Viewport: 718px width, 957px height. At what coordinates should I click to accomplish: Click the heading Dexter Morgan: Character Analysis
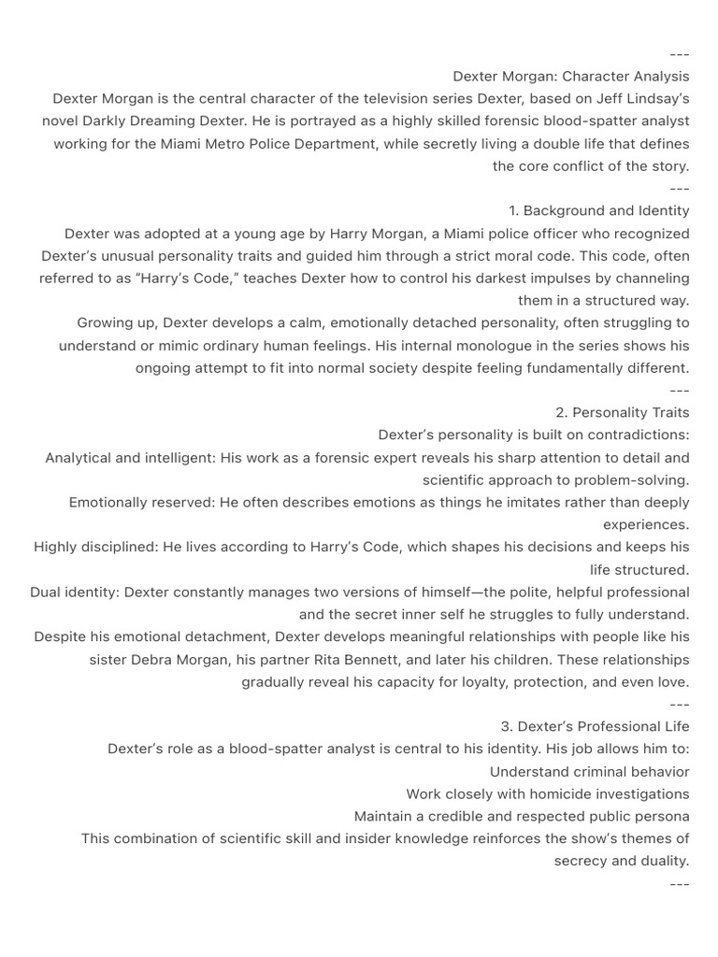570,77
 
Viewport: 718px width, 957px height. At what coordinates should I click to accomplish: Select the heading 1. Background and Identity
599,211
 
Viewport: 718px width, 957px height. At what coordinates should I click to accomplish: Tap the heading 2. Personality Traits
622,413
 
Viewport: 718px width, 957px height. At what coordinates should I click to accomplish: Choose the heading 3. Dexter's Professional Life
595,727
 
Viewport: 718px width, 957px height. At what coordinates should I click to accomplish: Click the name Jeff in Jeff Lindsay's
594,99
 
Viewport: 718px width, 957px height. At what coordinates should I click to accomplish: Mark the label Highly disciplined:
96,548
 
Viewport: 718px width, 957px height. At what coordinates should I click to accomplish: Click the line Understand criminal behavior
589,772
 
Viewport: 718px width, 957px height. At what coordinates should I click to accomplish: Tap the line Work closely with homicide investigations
547,794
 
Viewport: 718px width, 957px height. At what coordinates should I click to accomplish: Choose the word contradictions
634,436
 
